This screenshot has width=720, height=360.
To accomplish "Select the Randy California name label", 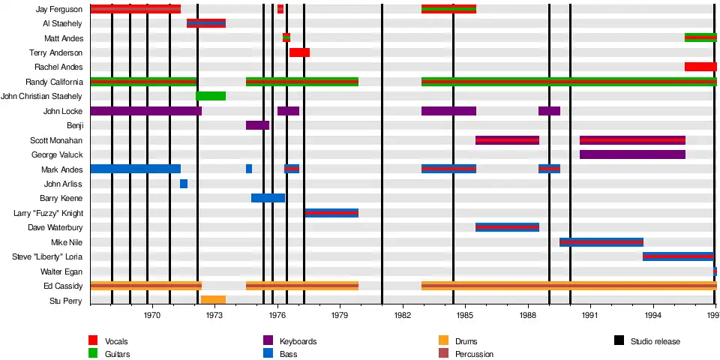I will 55,82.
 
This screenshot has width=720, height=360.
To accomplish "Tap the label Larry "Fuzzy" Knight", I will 49,213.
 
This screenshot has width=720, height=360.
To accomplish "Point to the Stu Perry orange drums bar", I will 213,300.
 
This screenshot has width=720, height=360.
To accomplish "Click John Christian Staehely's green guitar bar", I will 211,96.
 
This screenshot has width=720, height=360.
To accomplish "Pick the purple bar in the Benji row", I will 257,125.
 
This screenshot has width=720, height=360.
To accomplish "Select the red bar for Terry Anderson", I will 299,52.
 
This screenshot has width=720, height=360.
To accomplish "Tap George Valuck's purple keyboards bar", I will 632,154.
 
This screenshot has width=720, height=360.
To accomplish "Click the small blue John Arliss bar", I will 184,184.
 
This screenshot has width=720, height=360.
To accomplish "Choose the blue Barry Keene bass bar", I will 268,198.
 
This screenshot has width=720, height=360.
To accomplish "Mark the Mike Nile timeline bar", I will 601,242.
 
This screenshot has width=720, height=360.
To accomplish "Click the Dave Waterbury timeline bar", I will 507,227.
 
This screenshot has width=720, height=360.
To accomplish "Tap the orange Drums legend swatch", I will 442,341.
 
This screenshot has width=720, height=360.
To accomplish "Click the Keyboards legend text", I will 298,342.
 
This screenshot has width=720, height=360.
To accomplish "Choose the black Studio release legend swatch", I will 619,341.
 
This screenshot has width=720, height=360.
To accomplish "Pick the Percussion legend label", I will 474,354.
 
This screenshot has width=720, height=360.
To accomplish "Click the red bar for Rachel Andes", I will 700,67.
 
